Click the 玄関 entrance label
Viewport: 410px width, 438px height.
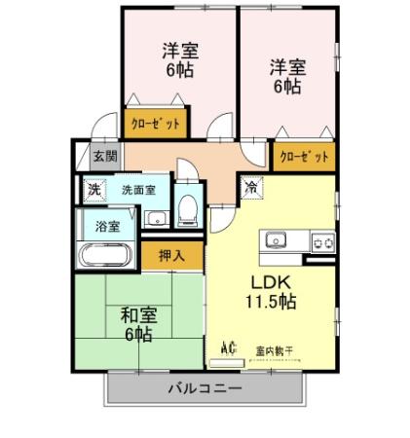click(105, 156)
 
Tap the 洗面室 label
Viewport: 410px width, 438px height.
click(138, 190)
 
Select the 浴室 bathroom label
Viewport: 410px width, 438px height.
click(108, 227)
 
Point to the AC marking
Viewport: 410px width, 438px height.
click(230, 346)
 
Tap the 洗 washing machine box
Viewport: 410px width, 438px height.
click(93, 190)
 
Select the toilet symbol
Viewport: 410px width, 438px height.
click(189, 207)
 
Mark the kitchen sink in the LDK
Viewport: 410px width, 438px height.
click(273, 239)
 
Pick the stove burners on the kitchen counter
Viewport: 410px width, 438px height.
click(320, 240)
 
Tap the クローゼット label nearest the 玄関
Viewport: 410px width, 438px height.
click(156, 125)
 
